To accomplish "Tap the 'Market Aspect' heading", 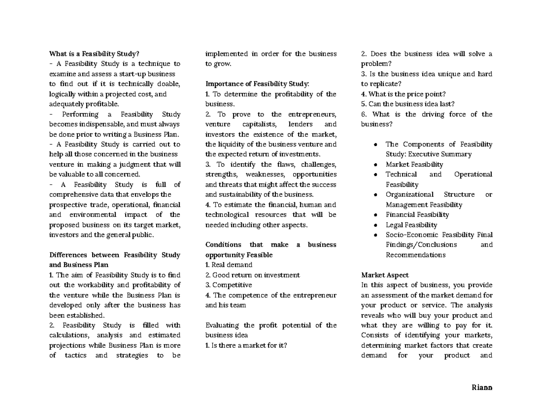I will coord(385,275).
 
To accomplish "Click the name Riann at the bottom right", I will coord(482,387).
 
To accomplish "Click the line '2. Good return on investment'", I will coord(252,275).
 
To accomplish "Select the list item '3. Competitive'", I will coord(229,285).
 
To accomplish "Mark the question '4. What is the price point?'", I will coord(403,94).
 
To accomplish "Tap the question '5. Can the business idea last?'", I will coord(408,104).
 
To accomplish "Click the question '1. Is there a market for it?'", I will coord(246,346).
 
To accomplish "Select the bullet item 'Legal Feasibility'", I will coord(411,225).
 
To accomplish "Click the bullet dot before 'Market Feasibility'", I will coord(376,165).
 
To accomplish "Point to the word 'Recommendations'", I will coord(415,255).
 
